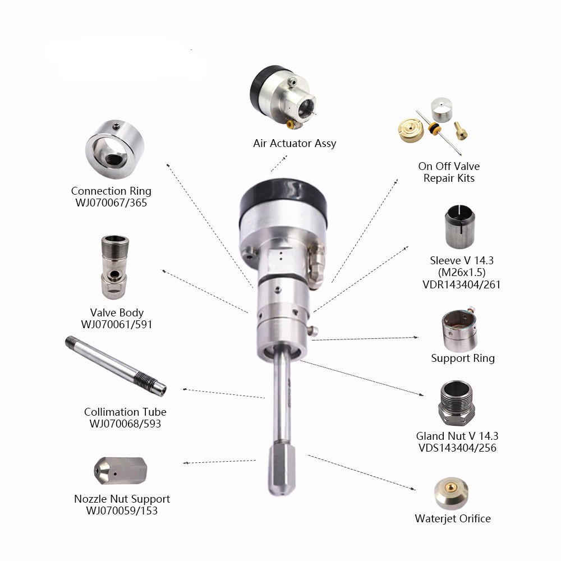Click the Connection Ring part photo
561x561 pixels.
tap(115, 149)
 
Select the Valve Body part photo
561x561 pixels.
tap(114, 267)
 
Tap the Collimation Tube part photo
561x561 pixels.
tap(116, 366)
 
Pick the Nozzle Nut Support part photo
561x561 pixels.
tap(120, 471)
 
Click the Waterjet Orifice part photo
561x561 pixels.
tap(451, 493)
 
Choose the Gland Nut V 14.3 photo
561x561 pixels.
tap(457, 403)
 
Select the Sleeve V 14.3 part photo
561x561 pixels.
tap(460, 227)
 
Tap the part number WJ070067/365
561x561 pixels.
tap(111, 203)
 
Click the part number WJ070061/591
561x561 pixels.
tap(117, 324)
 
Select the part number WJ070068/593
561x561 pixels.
tap(125, 424)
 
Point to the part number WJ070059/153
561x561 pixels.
tap(122, 511)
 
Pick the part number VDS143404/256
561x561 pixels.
tap(457, 448)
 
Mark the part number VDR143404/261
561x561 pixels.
tap(462, 285)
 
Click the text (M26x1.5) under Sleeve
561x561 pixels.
tap(462, 273)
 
